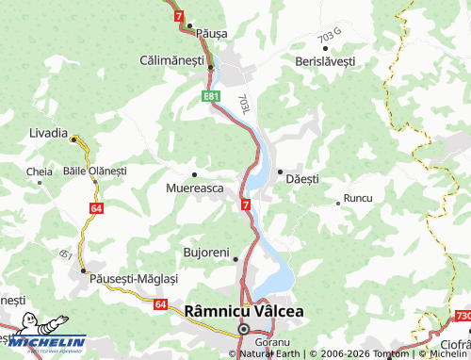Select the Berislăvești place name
[324, 59]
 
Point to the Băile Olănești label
[93, 171]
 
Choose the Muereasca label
[194, 188]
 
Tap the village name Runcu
[358, 199]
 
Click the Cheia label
[40, 172]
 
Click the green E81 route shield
[211, 96]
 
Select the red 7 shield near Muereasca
[245, 205]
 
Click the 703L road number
[244, 104]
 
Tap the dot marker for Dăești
[280, 171]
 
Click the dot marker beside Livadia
[73, 139]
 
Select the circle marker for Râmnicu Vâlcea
[243, 329]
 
